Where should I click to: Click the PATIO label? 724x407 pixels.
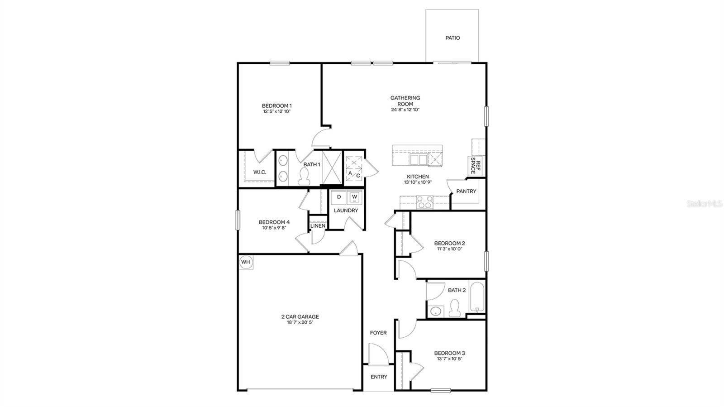452,38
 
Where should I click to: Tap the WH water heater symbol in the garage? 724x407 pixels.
245,262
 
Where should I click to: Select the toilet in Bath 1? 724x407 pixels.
305,177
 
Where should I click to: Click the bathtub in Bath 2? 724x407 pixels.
477,297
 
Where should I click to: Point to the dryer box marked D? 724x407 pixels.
339,197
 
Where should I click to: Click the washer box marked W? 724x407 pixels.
354,197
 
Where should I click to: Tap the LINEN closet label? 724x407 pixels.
318,226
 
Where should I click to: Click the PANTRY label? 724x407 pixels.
466,192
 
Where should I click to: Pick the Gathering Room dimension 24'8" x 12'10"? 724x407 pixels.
405,110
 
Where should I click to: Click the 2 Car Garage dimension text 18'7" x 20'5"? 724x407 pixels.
300,323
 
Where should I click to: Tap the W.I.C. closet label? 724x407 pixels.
259,172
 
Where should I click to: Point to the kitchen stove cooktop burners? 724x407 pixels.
424,202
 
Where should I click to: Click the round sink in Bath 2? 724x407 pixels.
436,311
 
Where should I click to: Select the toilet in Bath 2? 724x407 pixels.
454,310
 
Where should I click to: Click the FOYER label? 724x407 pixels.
378,333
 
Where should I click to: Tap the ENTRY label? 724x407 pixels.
379,377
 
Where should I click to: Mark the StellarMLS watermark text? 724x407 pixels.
704,204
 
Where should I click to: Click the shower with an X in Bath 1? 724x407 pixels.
332,167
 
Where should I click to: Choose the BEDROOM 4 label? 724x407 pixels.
274,222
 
